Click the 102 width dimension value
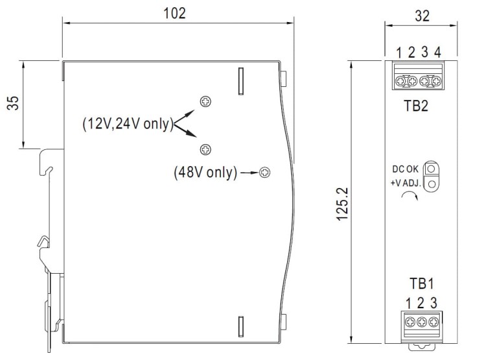point(177,12)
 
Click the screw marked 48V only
point(264,173)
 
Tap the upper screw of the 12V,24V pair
point(205,101)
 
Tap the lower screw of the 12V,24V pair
point(205,149)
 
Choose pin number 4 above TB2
point(438,53)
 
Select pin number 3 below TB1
point(434,303)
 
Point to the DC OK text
point(406,170)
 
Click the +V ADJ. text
point(405,184)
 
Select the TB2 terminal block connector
point(418,79)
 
